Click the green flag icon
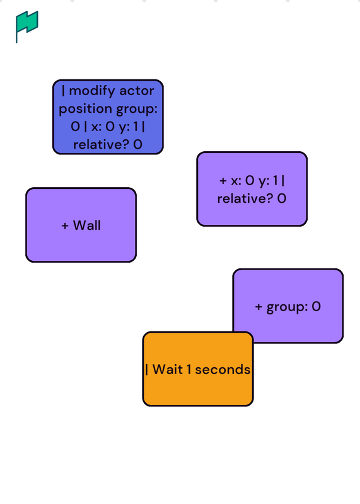coord(26,26)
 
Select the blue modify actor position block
coord(108,117)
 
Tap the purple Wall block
coord(81,225)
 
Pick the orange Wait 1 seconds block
coord(198,369)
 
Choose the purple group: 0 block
coord(288,306)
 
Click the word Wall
coord(87,226)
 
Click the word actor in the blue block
coord(137,91)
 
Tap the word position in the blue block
coord(86,109)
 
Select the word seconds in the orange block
coord(223,370)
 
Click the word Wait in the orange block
coord(168,369)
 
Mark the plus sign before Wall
coord(65,226)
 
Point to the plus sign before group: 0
coord(258,307)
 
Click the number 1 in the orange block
coord(189,369)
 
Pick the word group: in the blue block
coord(137,109)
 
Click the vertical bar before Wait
coord(147,370)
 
